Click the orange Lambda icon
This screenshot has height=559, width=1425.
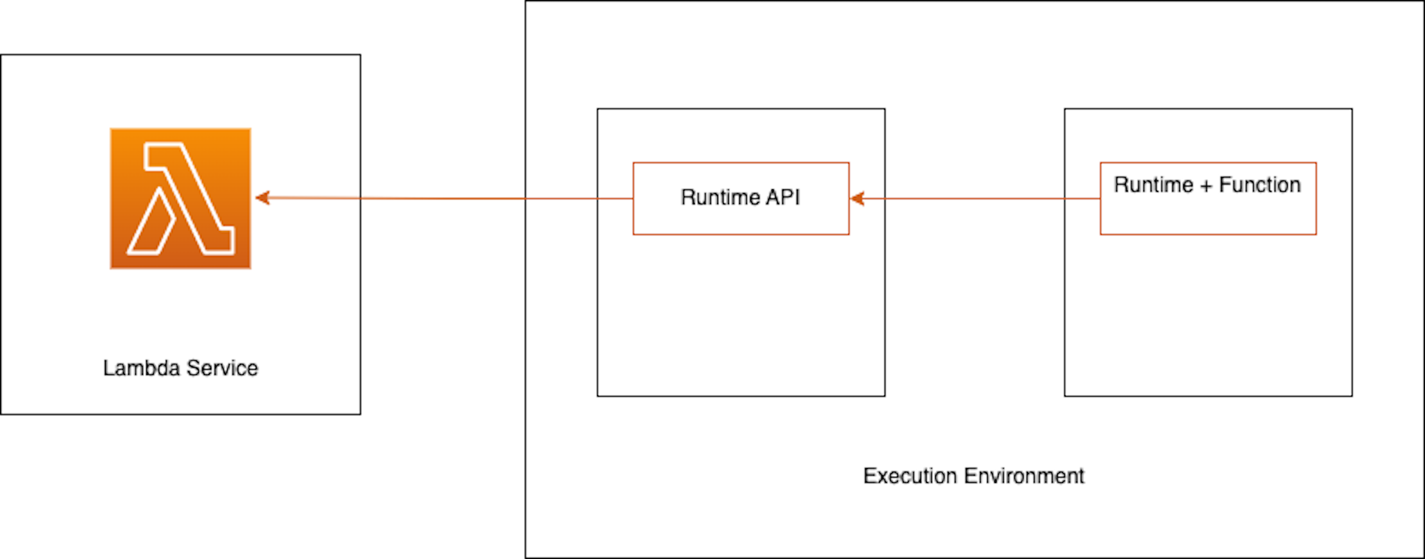(x=180, y=199)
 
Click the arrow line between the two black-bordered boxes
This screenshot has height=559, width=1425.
(x=973, y=198)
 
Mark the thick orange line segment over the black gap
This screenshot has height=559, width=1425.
(x=443, y=198)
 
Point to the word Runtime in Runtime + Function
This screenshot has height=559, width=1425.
(x=1153, y=185)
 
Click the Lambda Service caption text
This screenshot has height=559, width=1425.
(x=180, y=368)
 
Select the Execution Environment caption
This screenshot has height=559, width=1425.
(x=973, y=476)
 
